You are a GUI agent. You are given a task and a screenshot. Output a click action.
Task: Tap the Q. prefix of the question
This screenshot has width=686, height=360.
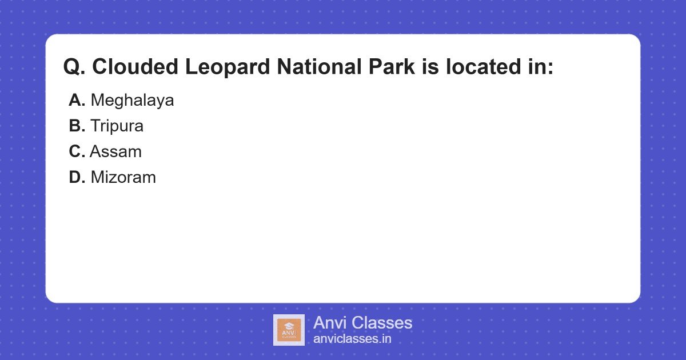point(74,67)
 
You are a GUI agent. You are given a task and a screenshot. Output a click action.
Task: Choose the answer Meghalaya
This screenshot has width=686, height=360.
point(132,101)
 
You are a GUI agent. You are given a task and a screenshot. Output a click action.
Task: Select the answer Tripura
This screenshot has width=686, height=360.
point(117,126)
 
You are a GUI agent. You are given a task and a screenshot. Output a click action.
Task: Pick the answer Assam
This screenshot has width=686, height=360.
point(115,151)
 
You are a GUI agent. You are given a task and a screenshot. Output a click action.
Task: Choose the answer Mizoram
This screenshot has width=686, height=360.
point(123,177)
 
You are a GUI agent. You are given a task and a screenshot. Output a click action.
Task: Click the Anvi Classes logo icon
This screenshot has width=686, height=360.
point(289,330)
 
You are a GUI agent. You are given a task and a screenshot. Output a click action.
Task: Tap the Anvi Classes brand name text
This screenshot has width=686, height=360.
point(362,323)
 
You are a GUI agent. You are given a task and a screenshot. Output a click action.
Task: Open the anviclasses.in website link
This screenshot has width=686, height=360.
point(352,339)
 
